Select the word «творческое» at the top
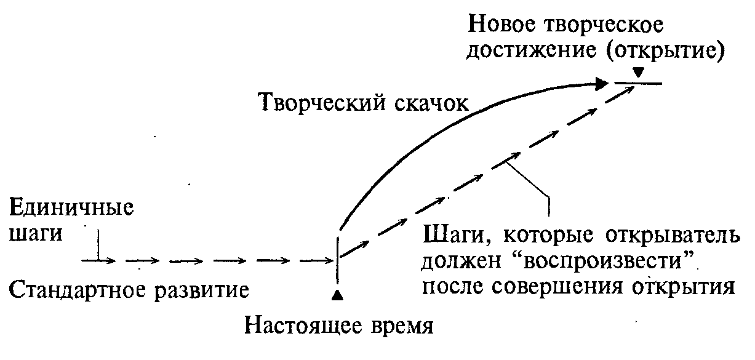(604, 26)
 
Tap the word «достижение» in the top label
(531, 51)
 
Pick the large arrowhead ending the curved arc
(602, 84)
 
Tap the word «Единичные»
(71, 207)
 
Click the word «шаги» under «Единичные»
(36, 233)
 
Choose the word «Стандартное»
(79, 290)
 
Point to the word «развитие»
(202, 290)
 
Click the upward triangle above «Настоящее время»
(337, 295)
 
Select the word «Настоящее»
(303, 326)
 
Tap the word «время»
(402, 326)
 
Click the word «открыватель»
(673, 235)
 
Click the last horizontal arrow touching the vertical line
(317, 260)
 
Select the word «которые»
(548, 236)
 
